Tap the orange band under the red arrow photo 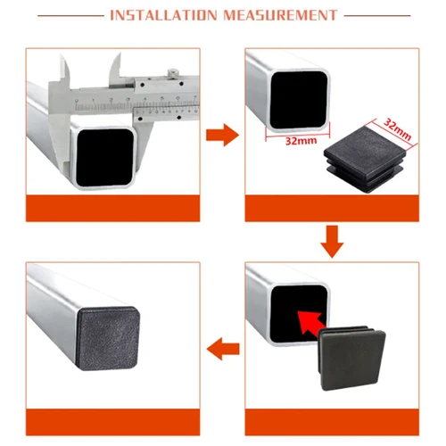[x=331, y=417]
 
